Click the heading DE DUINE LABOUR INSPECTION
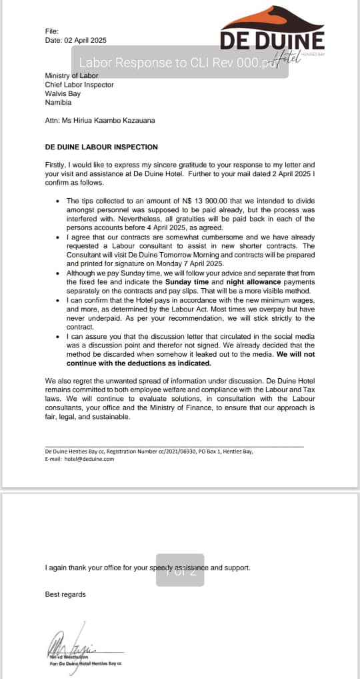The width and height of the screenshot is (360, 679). [101, 147]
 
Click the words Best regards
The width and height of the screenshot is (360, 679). [65, 594]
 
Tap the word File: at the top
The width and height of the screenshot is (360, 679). [52, 31]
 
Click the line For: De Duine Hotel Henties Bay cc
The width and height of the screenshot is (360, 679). [81, 664]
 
